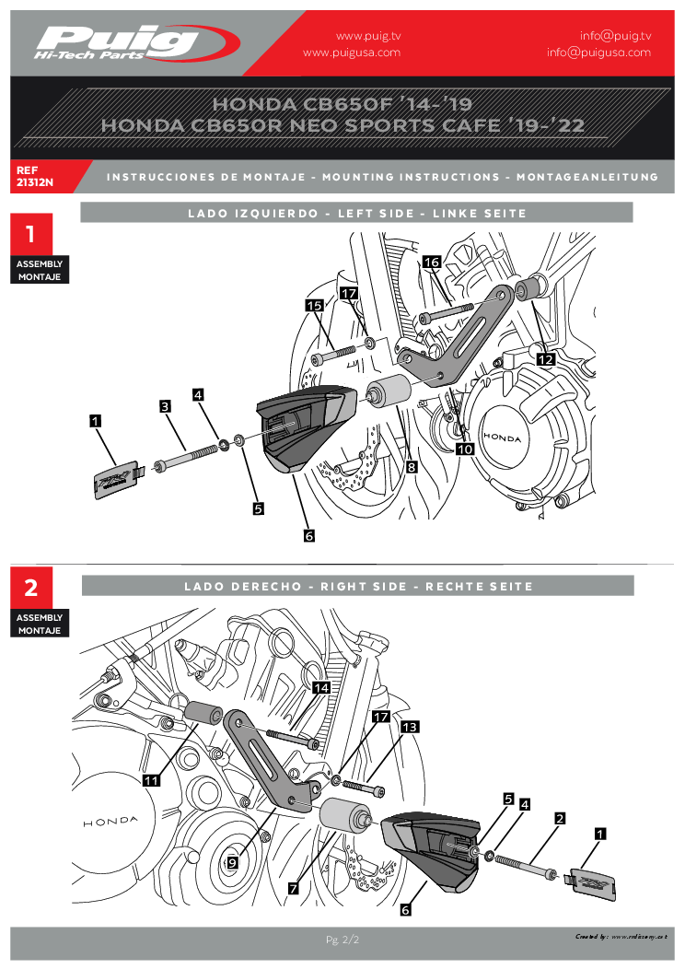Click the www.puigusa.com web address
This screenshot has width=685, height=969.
[352, 53]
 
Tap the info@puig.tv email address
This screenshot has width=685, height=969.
[615, 36]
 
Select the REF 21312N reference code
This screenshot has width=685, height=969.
[35, 176]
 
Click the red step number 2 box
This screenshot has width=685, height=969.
[31, 588]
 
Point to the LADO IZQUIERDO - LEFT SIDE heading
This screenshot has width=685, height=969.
[357, 213]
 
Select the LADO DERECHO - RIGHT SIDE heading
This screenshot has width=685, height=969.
[358, 586]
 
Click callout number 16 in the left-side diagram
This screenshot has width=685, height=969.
[432, 263]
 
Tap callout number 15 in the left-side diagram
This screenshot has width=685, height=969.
[314, 305]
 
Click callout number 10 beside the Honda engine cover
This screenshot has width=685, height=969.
[465, 449]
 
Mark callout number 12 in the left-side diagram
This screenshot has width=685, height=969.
[545, 359]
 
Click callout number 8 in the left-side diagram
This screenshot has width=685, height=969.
[412, 467]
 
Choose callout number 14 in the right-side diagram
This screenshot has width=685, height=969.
[321, 687]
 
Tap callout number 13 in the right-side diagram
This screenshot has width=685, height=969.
[410, 727]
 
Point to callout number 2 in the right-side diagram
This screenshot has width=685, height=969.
[560, 817]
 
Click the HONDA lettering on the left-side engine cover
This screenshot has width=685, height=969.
[503, 438]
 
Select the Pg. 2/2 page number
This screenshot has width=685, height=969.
[342, 940]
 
